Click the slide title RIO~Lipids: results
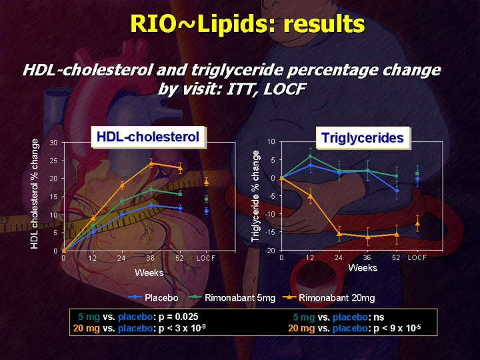pos(247,24)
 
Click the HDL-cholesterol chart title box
pos(148,137)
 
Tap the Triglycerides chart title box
pos(363,138)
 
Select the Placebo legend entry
pos(153,297)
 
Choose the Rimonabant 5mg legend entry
pos(231,297)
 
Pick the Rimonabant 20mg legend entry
pos(329,297)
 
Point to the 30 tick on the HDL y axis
pos(53,143)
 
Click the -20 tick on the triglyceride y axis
pos(270,251)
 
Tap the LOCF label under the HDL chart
pos(206,258)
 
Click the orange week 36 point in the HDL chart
pos(151,163)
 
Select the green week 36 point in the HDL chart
pos(151,190)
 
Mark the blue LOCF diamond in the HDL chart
pos(207,211)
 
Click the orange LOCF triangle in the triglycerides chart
pos(417,223)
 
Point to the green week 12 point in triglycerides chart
pos(311,157)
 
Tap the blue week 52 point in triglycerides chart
pos(397,191)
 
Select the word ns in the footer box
pos(379,317)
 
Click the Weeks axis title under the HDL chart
pos(149,273)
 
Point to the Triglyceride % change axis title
pos(255,196)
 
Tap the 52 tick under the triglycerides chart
pos(396,258)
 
